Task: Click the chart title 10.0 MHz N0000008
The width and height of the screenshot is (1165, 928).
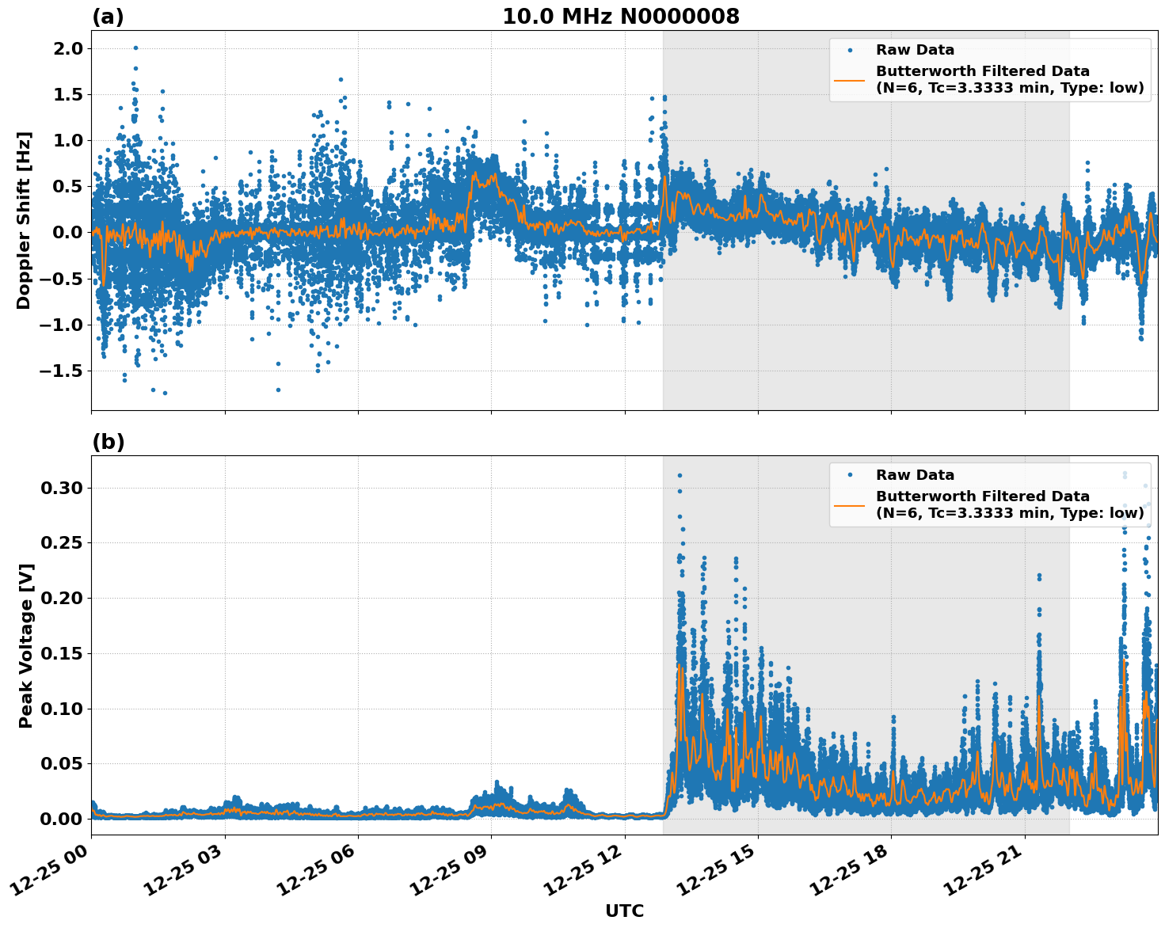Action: coord(620,17)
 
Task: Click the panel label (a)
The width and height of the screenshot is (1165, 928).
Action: coord(108,17)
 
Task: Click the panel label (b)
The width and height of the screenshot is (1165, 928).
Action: coord(108,442)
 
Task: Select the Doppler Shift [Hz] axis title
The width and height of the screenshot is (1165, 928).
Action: coord(24,220)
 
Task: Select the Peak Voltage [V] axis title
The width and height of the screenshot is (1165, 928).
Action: coord(26,645)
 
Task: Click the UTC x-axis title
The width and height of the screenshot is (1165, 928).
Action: coord(624,911)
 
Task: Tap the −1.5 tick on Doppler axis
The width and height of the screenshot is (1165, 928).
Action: coord(61,371)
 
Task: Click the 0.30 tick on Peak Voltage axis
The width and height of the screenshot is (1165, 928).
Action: coord(61,488)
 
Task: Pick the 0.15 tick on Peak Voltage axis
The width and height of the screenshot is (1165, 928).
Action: coord(61,653)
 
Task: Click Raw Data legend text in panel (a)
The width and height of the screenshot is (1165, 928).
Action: coord(915,50)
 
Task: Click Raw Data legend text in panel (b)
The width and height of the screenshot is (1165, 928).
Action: coord(915,475)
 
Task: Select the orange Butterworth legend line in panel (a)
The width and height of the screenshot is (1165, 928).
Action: coord(850,79)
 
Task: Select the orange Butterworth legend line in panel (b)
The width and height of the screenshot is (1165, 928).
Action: coord(850,504)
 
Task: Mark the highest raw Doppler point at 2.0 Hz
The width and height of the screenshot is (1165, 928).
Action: coord(135,48)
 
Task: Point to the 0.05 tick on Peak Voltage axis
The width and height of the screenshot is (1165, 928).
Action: coord(61,763)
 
